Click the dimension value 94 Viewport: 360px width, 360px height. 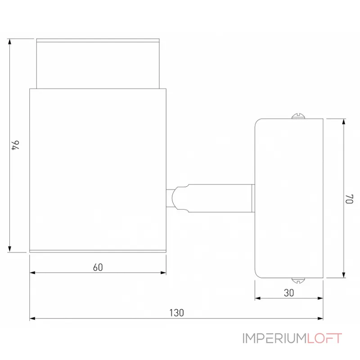coord(16,145)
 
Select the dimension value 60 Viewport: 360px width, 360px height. coord(98,267)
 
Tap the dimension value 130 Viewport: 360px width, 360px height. coord(176,313)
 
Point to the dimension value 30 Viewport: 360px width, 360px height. coord(289,293)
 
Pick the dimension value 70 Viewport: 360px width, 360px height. coord(350,199)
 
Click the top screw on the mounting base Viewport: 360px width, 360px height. coord(298,116)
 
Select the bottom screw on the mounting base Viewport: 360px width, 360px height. coord(298,280)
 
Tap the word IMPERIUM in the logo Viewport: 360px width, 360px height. coord(274,338)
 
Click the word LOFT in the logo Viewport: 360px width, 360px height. coord(324,338)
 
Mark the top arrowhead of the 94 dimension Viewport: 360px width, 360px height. coord(9,41)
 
